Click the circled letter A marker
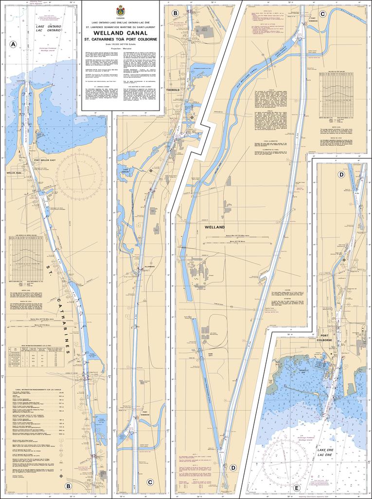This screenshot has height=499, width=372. click(13, 44)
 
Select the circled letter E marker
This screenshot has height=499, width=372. click(296, 487)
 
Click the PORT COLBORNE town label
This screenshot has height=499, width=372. click(326, 337)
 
